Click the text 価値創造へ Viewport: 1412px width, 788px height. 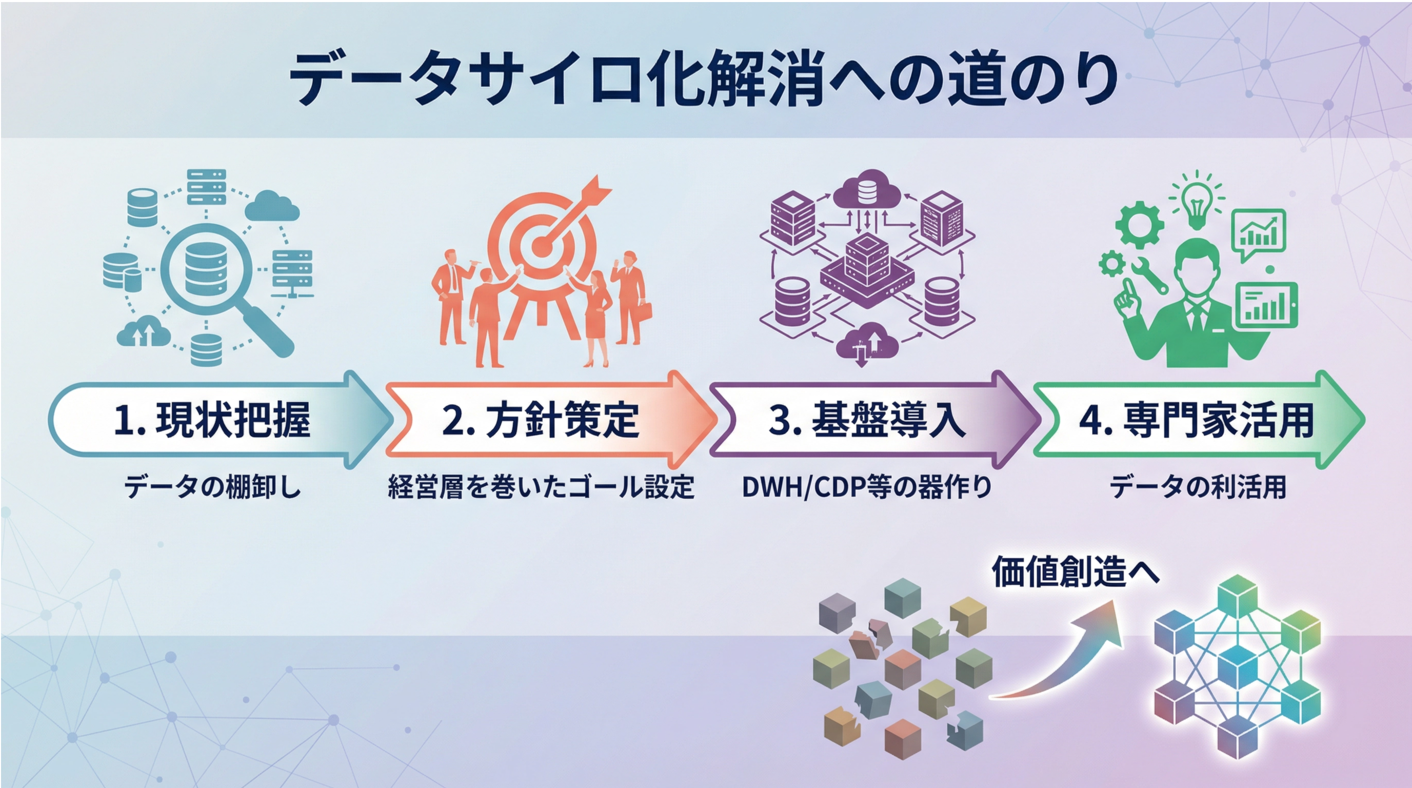tap(1076, 572)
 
